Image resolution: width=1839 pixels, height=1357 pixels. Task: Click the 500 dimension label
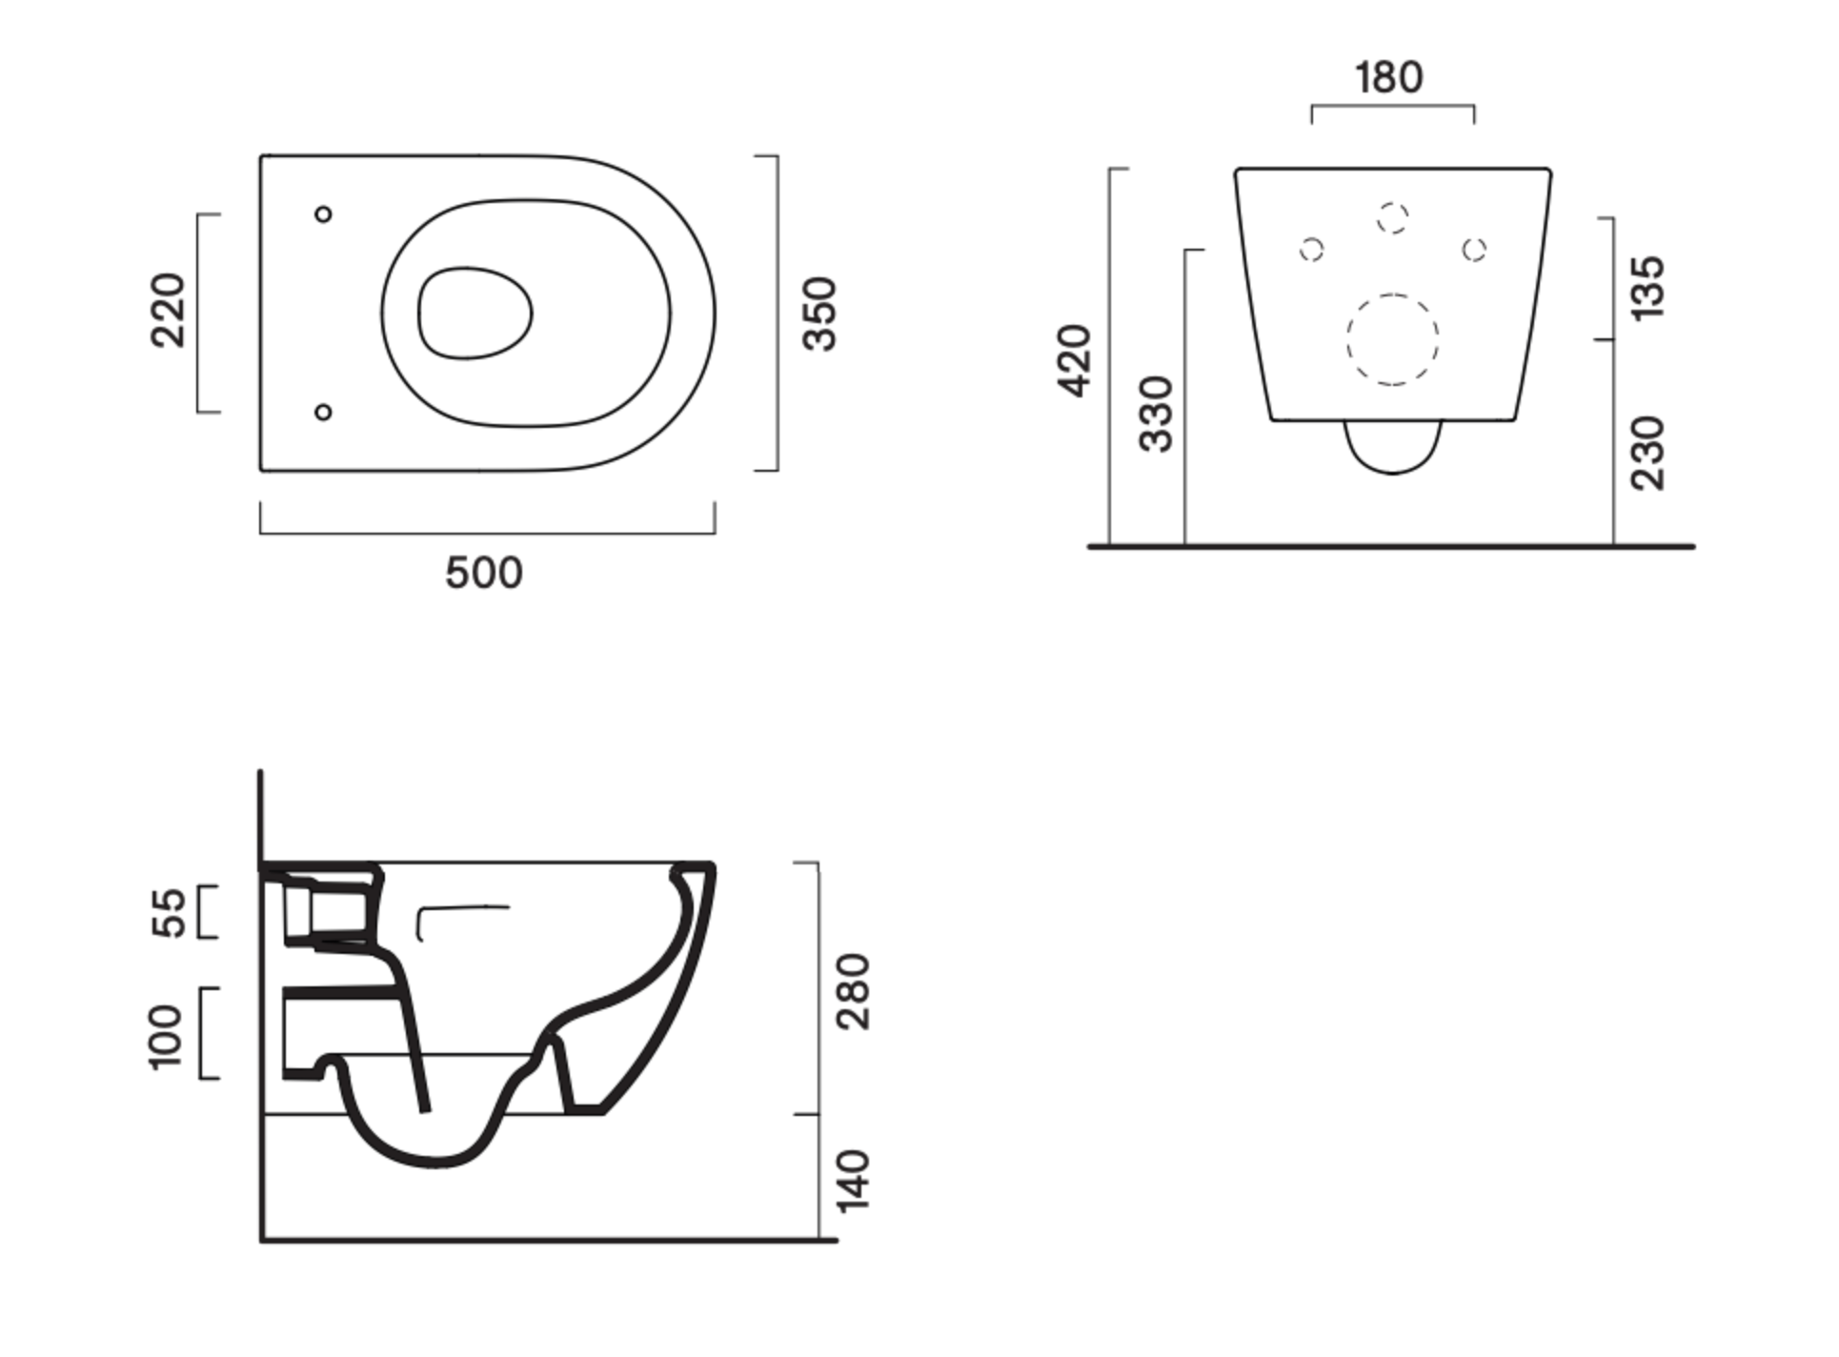pos(484,573)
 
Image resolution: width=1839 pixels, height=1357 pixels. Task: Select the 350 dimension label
pos(819,314)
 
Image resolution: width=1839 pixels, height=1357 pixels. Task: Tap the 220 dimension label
pos(169,311)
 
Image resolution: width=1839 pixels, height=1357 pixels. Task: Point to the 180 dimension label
pos(1389,77)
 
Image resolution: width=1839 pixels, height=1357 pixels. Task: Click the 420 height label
pos(1074,360)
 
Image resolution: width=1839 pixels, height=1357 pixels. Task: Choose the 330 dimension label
pos(1157,414)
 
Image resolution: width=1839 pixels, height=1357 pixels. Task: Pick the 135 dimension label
pos(1648,287)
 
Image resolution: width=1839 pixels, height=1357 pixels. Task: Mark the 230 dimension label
pos(1648,453)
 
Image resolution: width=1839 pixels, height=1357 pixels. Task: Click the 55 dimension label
pos(169,913)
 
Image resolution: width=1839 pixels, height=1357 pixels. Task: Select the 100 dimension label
pos(165,1037)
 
